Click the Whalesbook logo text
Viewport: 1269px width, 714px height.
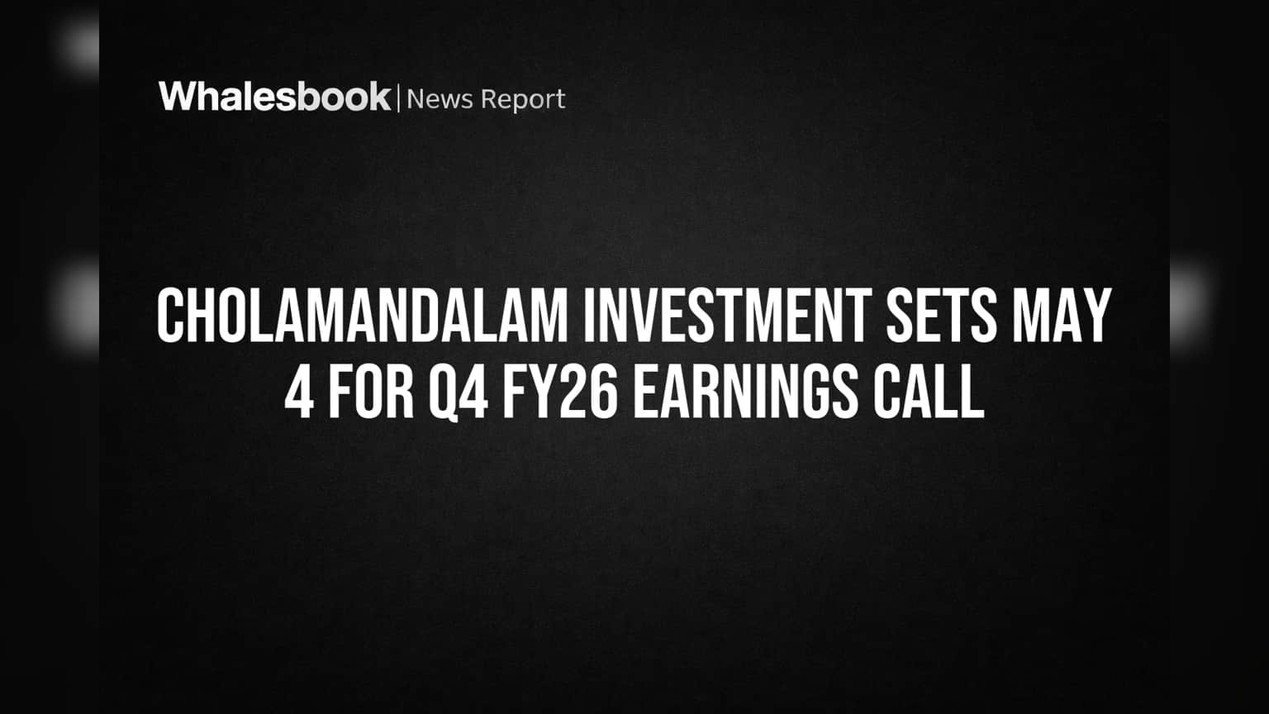(275, 97)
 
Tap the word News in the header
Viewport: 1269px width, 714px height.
(440, 99)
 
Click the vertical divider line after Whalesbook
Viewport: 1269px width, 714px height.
(399, 98)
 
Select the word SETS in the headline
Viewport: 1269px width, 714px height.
(942, 316)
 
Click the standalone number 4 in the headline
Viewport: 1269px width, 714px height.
(299, 392)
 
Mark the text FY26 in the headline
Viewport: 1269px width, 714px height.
(560, 392)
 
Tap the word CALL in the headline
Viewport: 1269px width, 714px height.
(929, 392)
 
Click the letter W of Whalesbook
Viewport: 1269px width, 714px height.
(179, 97)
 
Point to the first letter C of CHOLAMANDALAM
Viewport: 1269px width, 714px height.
(171, 316)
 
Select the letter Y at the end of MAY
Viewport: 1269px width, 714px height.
(1096, 316)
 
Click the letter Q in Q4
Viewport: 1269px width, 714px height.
(444, 393)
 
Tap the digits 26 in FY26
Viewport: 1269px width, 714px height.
(589, 392)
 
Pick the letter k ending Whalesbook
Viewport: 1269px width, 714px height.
(378, 96)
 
